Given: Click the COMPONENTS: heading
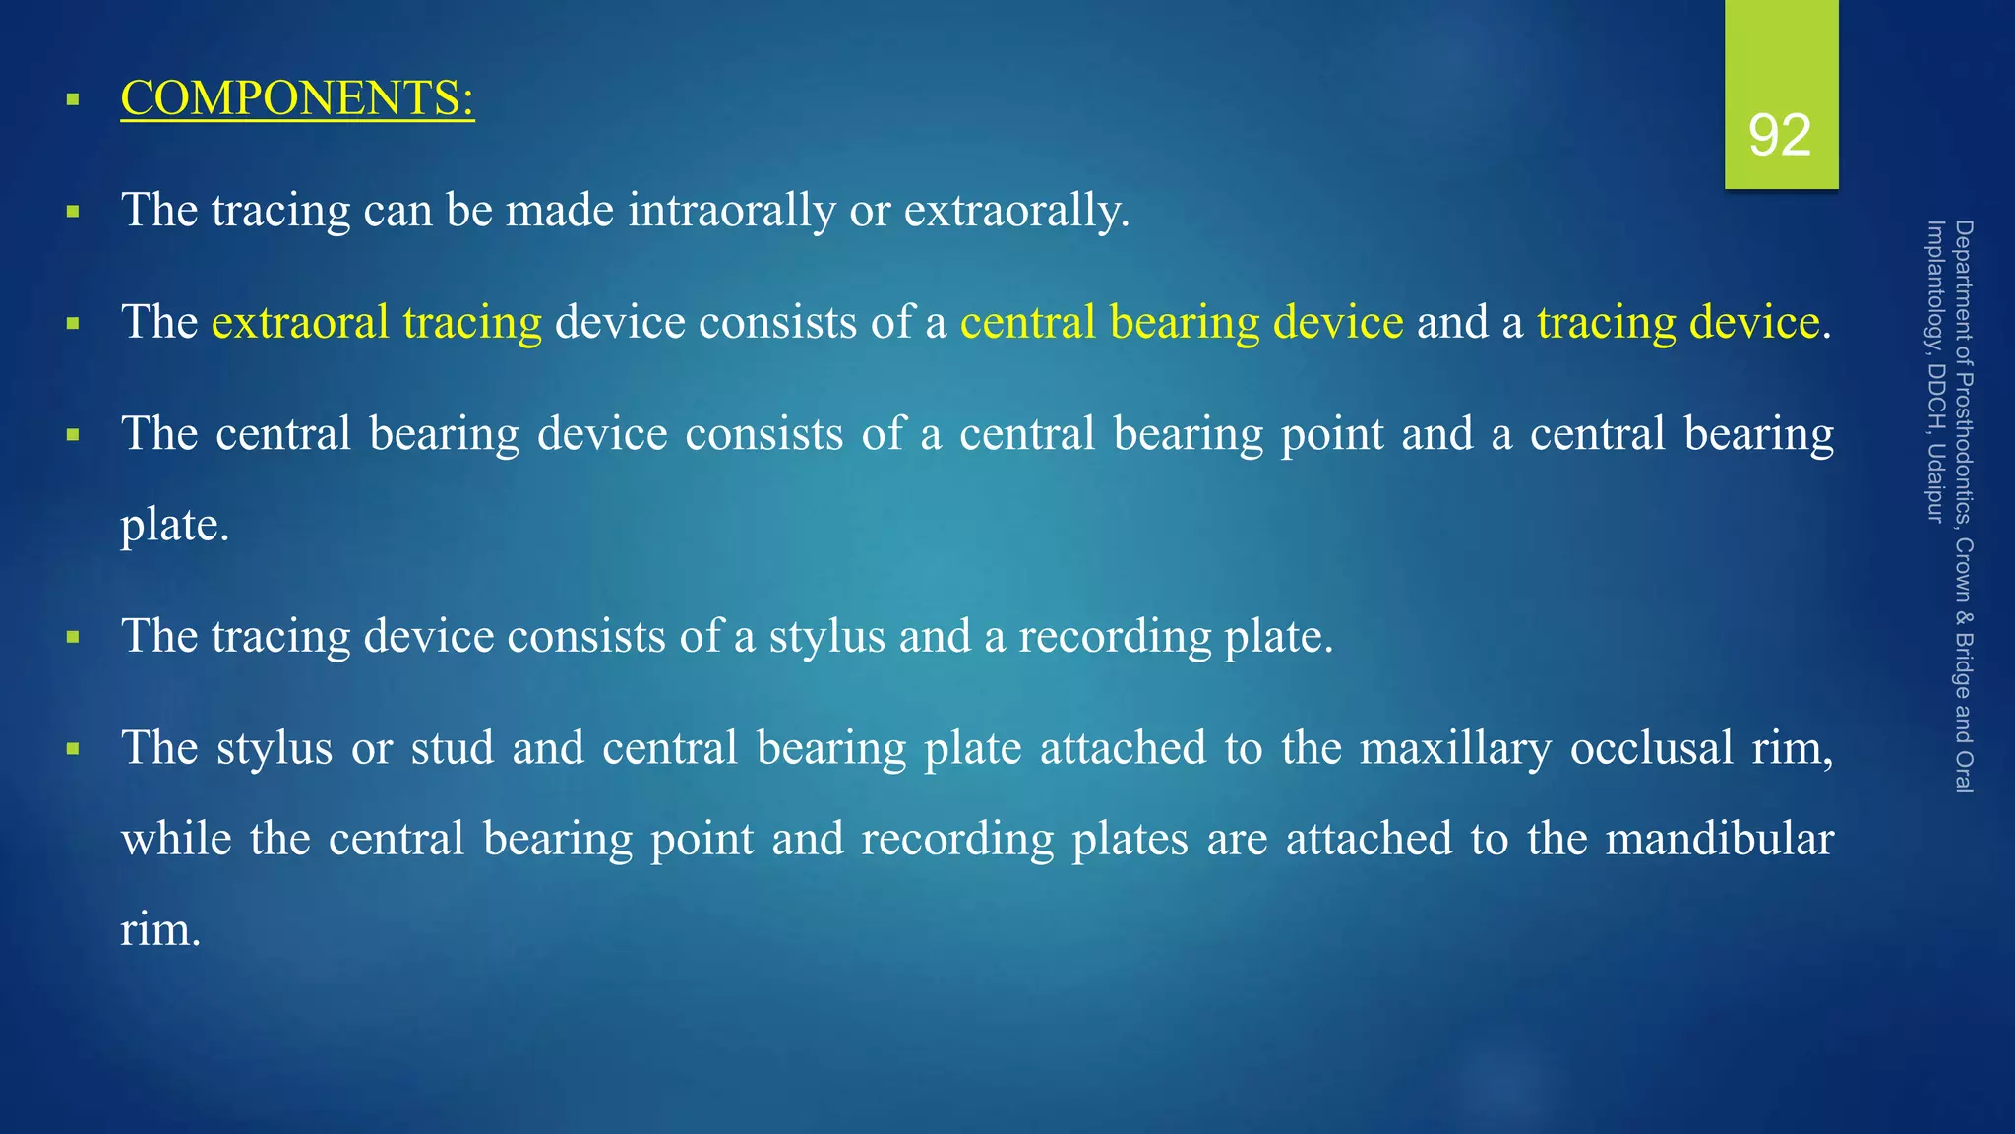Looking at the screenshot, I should [x=297, y=98].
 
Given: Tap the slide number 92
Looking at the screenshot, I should [x=1780, y=136].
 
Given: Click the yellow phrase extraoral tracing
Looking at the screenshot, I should [x=377, y=323].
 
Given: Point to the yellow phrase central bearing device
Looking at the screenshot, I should [x=1182, y=323].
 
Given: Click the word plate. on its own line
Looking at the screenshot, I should [x=175, y=526].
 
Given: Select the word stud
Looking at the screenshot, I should [x=453, y=748].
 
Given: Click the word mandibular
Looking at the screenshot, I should [x=1719, y=840].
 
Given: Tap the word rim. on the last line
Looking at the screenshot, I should [x=160, y=930].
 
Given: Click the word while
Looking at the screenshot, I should [x=176, y=840].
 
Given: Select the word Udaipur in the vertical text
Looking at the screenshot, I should [x=1935, y=482].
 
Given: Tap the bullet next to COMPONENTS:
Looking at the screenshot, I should [x=73, y=99].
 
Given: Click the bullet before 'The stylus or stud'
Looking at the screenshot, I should [x=73, y=749].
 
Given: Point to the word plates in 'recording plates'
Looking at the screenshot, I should [x=1130, y=840].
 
